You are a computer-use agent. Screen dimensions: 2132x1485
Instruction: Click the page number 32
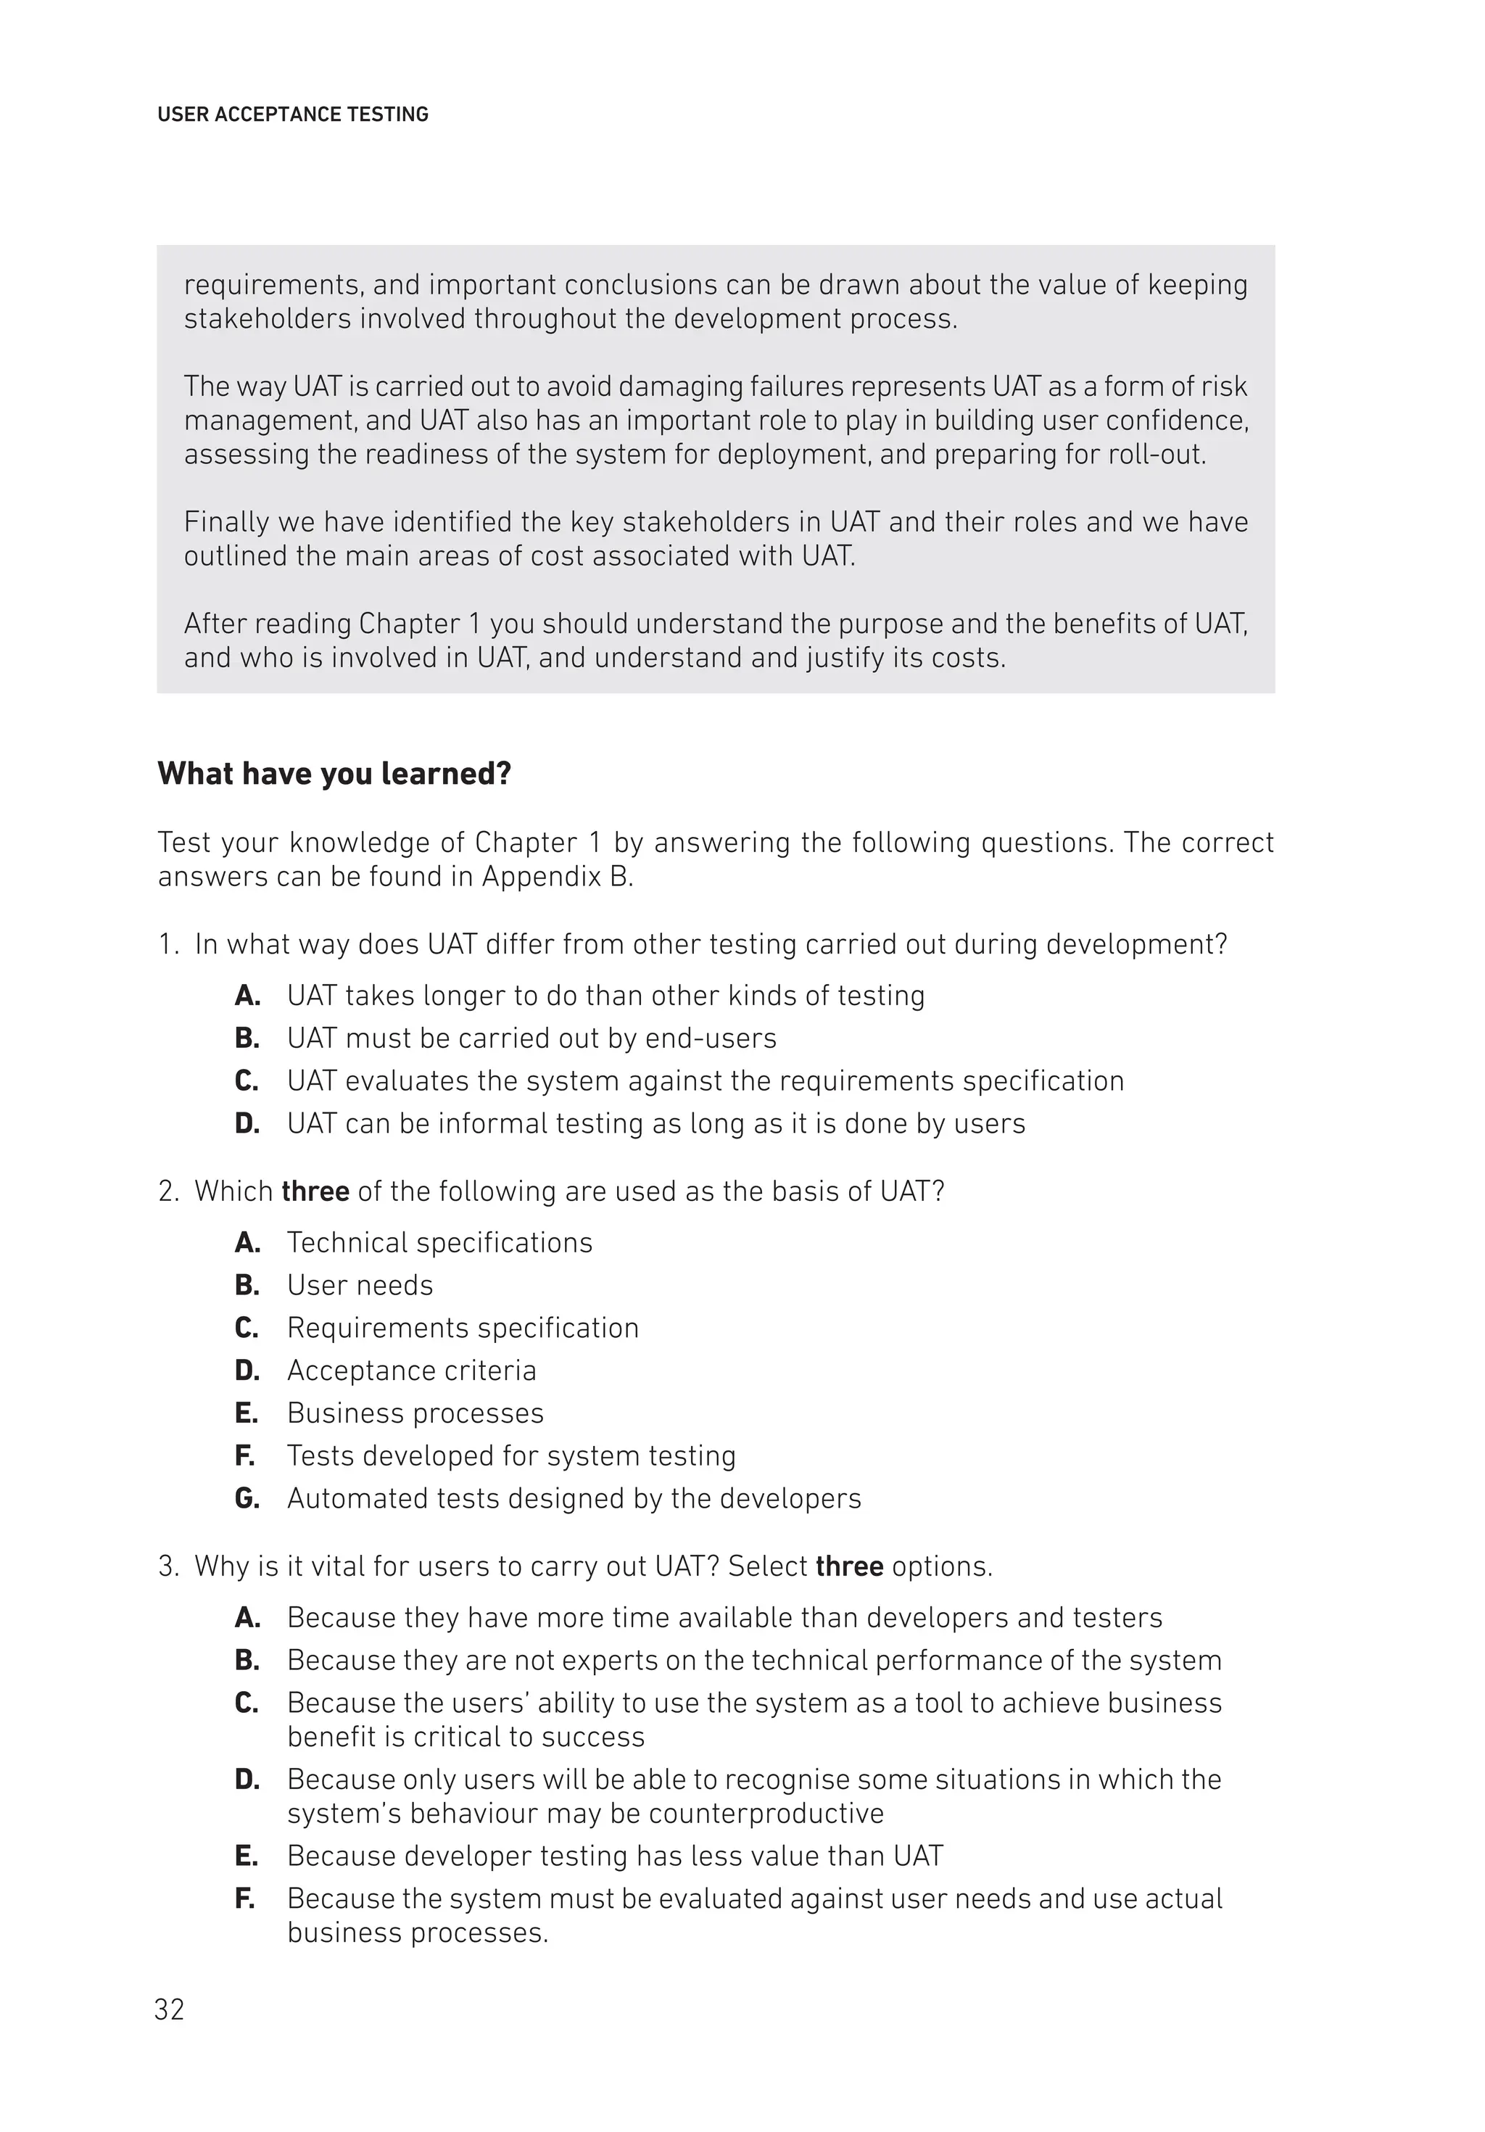[169, 2009]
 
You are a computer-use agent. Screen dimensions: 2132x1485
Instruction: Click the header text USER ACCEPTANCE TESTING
[292, 115]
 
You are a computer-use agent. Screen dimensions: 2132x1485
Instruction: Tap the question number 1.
[167, 944]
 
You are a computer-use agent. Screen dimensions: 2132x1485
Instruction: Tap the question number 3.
[167, 1566]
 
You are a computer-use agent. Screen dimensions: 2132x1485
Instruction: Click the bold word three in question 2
[315, 1191]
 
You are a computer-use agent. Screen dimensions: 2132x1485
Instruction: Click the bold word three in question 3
[849, 1566]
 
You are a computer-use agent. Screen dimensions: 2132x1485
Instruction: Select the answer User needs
[360, 1285]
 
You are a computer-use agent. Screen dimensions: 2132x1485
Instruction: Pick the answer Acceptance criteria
[411, 1371]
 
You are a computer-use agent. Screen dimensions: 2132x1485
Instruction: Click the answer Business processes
[415, 1413]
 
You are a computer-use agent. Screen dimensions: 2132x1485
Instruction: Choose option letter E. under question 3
[246, 1856]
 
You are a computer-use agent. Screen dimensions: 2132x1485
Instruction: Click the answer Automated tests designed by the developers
[574, 1499]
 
